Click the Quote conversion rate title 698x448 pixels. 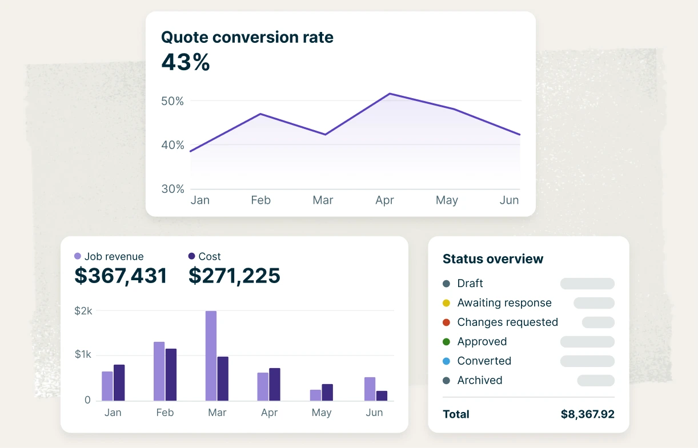(x=247, y=38)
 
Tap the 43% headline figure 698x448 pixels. (x=186, y=62)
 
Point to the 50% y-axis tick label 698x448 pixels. (x=172, y=101)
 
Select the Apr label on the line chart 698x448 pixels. (x=384, y=200)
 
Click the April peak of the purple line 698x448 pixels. (x=389, y=94)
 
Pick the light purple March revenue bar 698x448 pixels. (x=211, y=356)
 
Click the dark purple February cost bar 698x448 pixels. (x=171, y=374)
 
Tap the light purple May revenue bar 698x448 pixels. (x=315, y=395)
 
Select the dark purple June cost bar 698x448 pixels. (x=382, y=395)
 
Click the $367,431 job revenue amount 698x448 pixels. (x=121, y=276)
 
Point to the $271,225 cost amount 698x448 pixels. (x=234, y=276)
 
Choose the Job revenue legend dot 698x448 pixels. (x=78, y=257)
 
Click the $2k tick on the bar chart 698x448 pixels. (x=83, y=312)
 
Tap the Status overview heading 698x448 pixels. (x=493, y=259)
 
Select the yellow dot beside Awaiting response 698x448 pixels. (x=446, y=303)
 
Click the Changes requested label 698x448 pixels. (x=507, y=322)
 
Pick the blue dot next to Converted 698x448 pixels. (x=446, y=361)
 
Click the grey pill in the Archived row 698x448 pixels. (x=596, y=381)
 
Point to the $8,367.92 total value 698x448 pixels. (x=587, y=414)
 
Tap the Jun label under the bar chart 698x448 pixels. (x=374, y=413)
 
